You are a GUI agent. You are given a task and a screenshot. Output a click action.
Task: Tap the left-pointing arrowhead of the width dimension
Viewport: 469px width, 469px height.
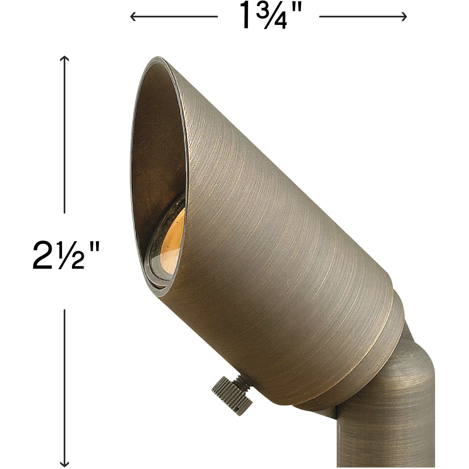click(x=132, y=17)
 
